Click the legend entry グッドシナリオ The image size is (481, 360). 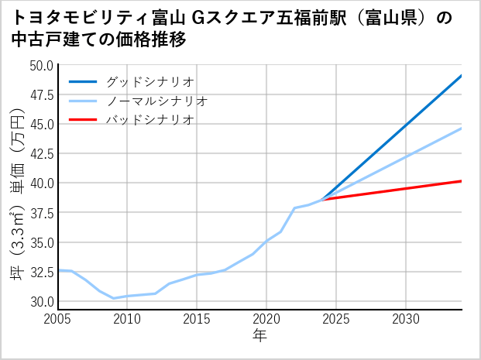(149, 81)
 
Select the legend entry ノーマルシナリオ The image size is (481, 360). (156, 101)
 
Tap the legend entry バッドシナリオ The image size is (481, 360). (149, 120)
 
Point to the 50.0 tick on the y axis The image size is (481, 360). (42, 65)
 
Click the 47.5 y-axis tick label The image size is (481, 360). (42, 94)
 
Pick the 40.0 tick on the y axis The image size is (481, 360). (42, 183)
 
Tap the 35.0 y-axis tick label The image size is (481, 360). (42, 242)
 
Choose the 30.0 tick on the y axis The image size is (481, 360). (42, 301)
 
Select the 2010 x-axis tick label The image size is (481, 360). (126, 319)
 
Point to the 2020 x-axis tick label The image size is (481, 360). (266, 319)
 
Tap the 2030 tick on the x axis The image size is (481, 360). (406, 319)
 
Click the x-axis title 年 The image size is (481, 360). (259, 336)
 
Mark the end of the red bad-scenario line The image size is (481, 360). (462, 181)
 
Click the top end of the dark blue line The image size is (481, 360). (462, 75)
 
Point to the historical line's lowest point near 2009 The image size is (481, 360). (114, 298)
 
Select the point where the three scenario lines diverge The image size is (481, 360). (322, 200)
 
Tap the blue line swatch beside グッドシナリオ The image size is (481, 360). (84, 81)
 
